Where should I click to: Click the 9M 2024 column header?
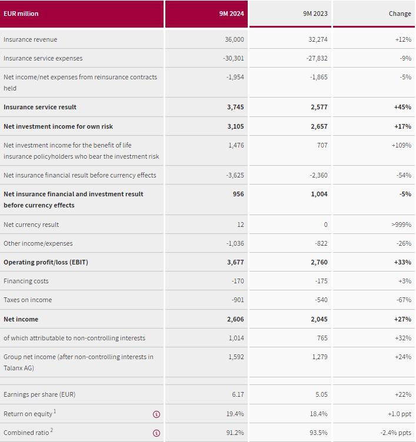[231, 14]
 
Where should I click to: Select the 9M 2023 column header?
[315, 14]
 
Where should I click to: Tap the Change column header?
[400, 14]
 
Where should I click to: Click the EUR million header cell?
[21, 14]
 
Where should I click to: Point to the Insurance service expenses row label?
[43, 58]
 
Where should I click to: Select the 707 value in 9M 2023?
[322, 145]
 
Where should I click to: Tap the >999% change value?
[400, 225]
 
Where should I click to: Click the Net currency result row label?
[31, 225]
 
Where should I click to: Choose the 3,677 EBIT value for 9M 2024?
[235, 262]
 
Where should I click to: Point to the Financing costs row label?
[26, 281]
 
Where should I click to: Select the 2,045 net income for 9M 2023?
[319, 319]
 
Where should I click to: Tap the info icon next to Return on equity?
[157, 414]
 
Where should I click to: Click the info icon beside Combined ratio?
[157, 433]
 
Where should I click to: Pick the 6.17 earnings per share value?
[237, 394]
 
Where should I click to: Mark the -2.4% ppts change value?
[395, 433]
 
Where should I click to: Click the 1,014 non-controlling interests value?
[236, 338]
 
